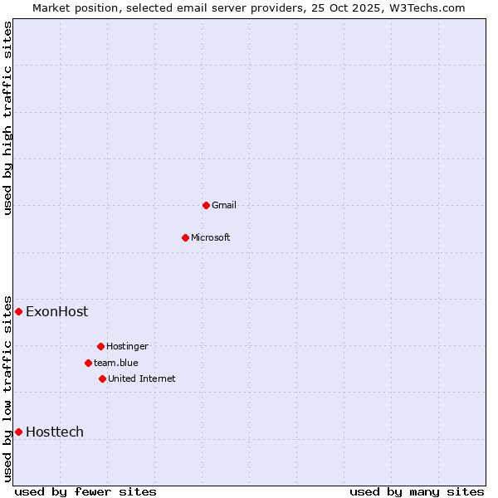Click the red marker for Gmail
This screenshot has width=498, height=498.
tap(206, 205)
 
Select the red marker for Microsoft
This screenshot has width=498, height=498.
tap(185, 237)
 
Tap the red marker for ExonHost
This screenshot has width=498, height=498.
tap(18, 311)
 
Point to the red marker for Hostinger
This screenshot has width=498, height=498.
tap(100, 346)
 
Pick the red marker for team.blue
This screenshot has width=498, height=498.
tap(88, 363)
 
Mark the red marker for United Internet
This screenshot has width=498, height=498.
tap(102, 378)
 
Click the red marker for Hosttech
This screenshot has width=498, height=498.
tap(18, 432)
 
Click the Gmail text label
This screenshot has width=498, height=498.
tap(224, 205)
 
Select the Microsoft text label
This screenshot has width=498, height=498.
tap(210, 237)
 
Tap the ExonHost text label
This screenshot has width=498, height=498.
tap(56, 311)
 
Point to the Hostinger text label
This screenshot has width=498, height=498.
tap(127, 346)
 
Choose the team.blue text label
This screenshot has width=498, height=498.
tap(116, 363)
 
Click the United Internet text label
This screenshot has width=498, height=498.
tap(141, 378)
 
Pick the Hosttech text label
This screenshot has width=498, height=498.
tap(55, 432)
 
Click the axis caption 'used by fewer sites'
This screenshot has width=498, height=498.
tap(85, 491)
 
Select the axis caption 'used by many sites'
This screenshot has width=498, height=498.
tap(417, 491)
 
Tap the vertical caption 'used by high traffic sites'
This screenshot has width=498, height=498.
tap(7, 118)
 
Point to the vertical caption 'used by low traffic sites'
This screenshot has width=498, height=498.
tap(7, 388)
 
